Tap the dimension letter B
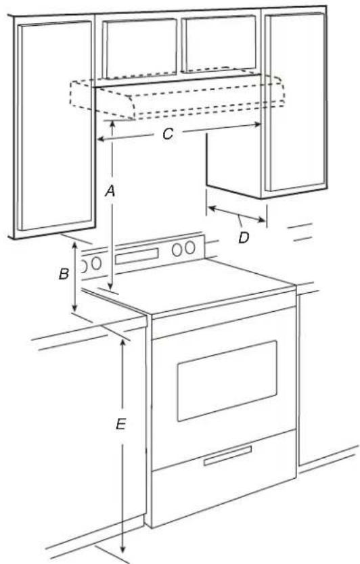64,275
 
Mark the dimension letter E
120,425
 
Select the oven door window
227,379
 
